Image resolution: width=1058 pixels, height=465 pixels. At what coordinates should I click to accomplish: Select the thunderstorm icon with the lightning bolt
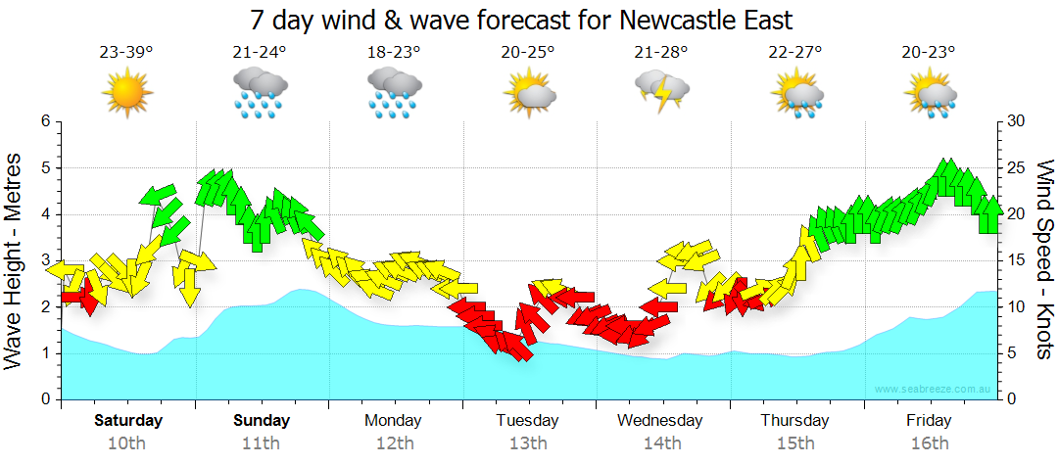click(x=662, y=91)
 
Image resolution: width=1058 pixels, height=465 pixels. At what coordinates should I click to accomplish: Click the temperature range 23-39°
click(x=126, y=52)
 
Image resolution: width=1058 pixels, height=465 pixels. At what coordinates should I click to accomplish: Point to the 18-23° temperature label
click(x=394, y=52)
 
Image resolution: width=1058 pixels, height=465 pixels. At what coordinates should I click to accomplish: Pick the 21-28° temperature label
click(x=661, y=52)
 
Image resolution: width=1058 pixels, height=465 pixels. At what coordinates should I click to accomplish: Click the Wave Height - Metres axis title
click(x=16, y=260)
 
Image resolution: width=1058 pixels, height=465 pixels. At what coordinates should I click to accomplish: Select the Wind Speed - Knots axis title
click(x=1044, y=260)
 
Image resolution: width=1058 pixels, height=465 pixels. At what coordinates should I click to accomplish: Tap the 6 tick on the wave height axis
click(x=44, y=121)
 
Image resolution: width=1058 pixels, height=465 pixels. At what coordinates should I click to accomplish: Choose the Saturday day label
click(x=128, y=421)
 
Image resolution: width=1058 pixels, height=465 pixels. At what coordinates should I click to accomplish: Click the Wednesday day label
click(x=660, y=421)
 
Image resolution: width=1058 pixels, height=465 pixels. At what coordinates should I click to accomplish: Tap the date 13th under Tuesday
click(x=528, y=443)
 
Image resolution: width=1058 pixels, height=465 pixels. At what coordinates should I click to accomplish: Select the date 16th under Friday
click(x=929, y=443)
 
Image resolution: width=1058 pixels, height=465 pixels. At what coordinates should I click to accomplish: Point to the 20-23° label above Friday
click(x=929, y=52)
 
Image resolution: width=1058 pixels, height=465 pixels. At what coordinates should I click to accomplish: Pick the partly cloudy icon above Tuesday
click(x=529, y=93)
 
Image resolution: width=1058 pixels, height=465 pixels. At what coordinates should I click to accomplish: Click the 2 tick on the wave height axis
click(x=44, y=307)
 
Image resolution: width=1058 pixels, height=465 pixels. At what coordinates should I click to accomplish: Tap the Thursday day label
click(x=794, y=421)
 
